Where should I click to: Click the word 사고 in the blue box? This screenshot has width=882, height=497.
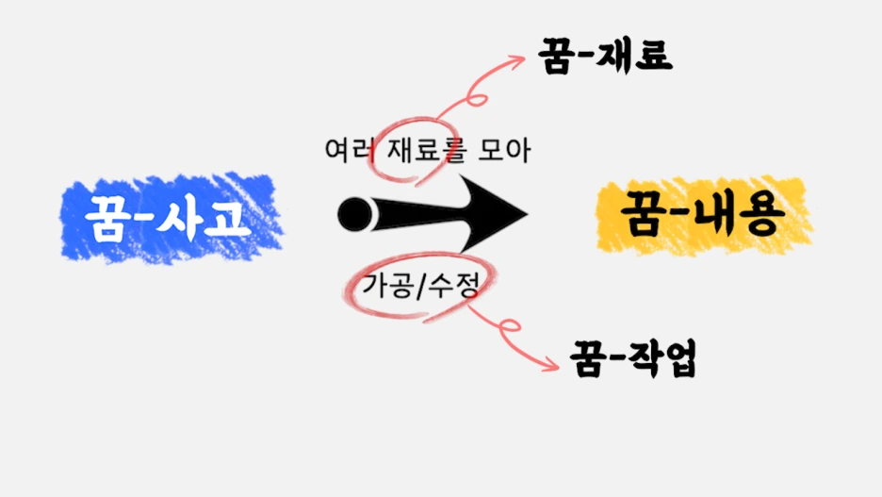pyautogui.click(x=209, y=217)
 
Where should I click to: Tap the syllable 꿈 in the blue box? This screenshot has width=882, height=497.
pyautogui.click(x=108, y=218)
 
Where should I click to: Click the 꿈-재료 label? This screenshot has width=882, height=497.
pyautogui.click(x=604, y=55)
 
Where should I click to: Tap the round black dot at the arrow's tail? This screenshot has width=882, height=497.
pyautogui.click(x=355, y=214)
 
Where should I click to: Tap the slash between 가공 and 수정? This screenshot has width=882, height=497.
pyautogui.click(x=418, y=284)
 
